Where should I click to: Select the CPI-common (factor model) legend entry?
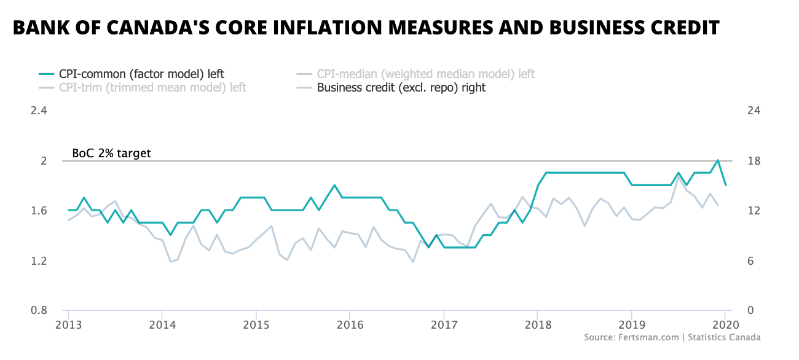[146, 74]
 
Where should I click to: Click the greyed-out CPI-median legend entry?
[426, 74]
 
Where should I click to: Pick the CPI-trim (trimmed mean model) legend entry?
[152, 88]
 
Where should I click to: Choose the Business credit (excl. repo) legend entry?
[401, 88]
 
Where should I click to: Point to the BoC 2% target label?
[111, 154]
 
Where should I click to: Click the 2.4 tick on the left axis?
[39, 111]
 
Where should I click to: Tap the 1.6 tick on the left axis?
[39, 211]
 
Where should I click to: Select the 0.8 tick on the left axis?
[39, 311]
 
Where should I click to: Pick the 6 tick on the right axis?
[752, 261]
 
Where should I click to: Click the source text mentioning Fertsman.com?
[672, 337]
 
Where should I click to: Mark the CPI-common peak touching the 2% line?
[717, 160]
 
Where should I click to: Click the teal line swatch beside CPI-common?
[47, 74]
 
